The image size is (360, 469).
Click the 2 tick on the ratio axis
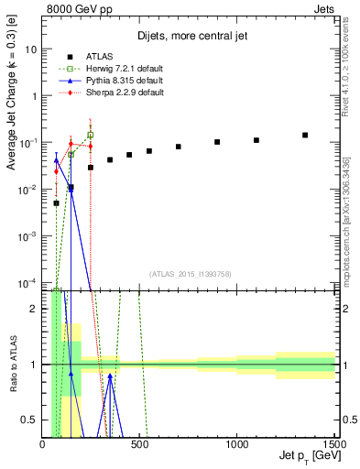(35, 308)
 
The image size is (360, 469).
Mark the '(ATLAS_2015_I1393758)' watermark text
(190, 274)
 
